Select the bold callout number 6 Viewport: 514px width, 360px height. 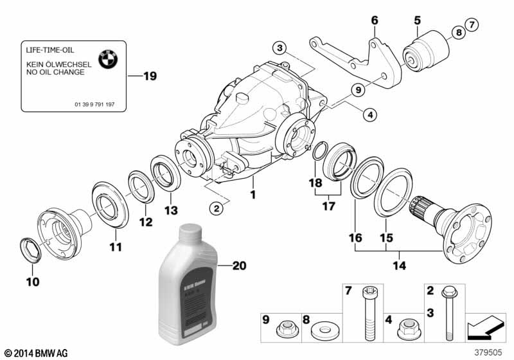[375, 20]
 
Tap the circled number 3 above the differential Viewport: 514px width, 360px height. [279, 48]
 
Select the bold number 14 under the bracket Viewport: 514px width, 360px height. [399, 264]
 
